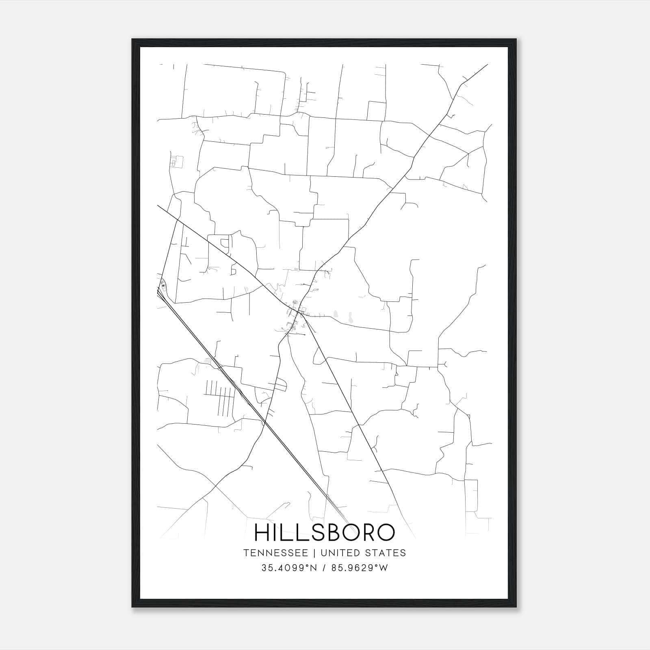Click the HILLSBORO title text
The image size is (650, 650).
(324, 533)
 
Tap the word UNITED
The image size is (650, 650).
(340, 553)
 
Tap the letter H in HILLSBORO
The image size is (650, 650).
(262, 533)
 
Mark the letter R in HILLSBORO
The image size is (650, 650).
(364, 533)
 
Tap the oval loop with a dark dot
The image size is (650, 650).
(163, 285)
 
